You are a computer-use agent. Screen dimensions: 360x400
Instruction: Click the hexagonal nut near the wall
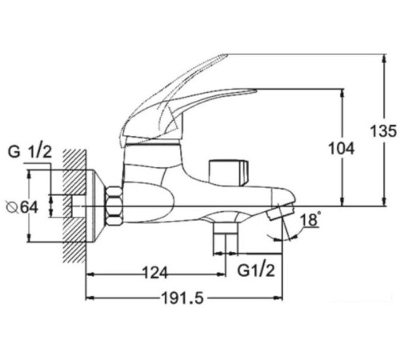[x=113, y=206]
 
